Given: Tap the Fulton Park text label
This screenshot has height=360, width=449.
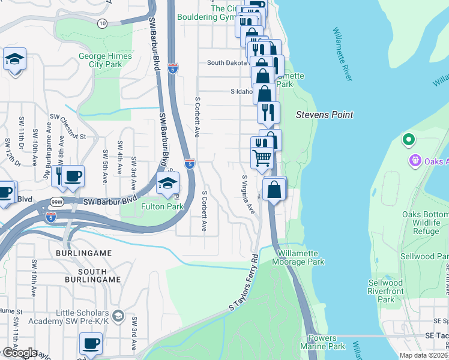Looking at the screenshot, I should (161, 206).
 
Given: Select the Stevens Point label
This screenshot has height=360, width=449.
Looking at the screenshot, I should (325, 114).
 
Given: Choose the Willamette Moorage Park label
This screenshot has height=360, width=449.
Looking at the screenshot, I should (298, 258).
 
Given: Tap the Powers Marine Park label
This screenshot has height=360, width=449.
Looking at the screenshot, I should (327, 343).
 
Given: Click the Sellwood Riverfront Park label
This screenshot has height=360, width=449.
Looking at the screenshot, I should (385, 291).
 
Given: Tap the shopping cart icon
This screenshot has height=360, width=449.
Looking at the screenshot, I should (262, 158).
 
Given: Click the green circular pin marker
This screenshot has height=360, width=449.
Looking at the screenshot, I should (409, 140).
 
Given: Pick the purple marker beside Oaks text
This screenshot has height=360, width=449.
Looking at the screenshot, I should (415, 161).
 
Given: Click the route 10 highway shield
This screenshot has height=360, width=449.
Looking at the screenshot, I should (103, 23).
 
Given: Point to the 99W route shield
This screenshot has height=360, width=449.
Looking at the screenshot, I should (57, 202).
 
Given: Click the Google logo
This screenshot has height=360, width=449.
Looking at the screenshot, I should (19, 353).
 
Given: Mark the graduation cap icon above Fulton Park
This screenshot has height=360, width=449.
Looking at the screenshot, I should (167, 182).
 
